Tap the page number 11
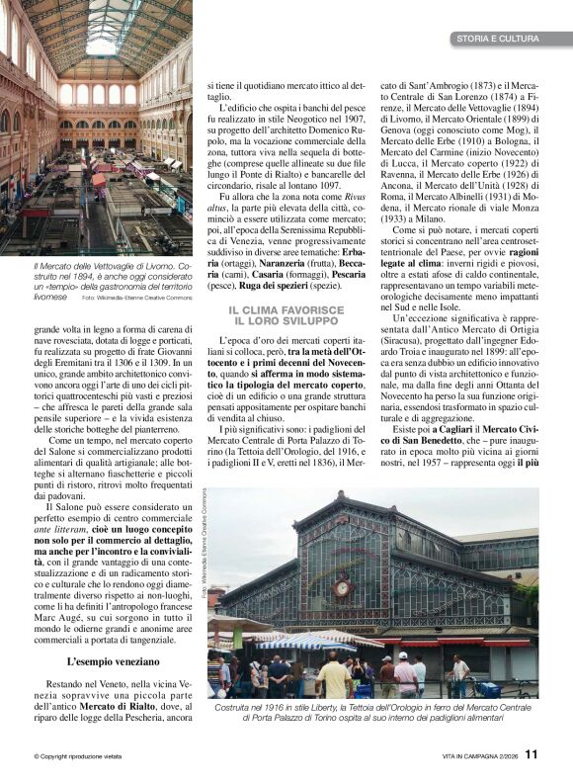click(x=532, y=754)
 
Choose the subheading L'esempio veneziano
click(x=106, y=660)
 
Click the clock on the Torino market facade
click(x=341, y=587)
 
